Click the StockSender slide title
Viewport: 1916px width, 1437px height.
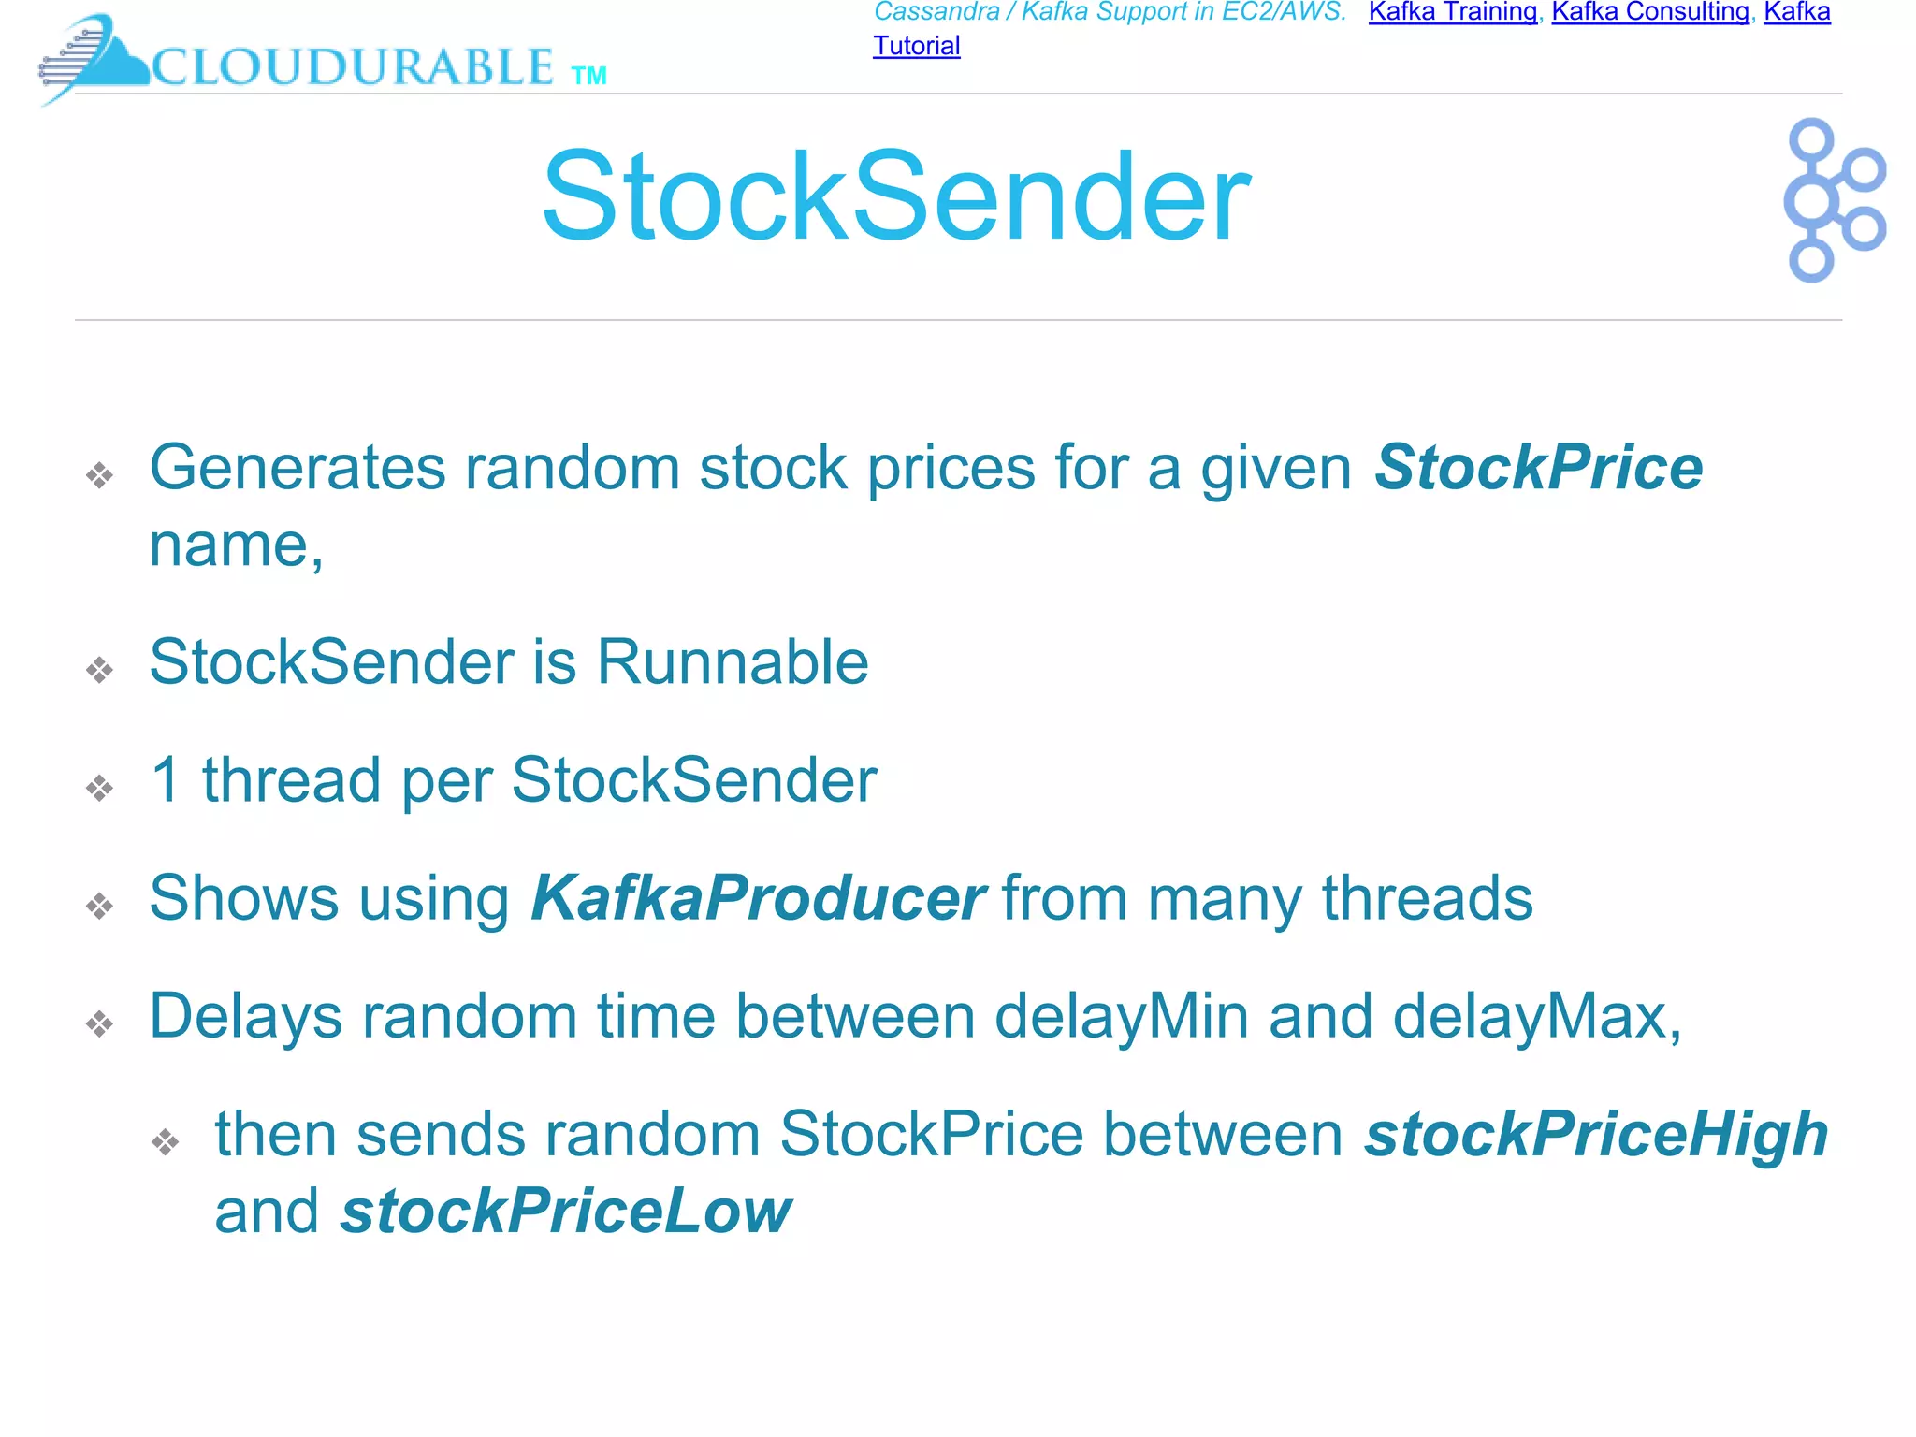[895, 197]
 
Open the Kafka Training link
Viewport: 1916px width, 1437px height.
[1452, 12]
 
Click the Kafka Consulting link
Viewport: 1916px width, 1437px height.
[1650, 12]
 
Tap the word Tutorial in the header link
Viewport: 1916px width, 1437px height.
[916, 46]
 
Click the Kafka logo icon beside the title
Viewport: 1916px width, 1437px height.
[1833, 199]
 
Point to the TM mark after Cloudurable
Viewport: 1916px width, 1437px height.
[588, 76]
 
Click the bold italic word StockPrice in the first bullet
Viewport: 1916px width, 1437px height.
[1538, 467]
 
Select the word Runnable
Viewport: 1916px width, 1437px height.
[733, 662]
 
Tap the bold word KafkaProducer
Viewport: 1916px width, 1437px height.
[757, 898]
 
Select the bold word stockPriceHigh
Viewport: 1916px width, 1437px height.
[1595, 1134]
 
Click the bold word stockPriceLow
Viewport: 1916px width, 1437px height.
[566, 1212]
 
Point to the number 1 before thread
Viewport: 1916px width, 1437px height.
[166, 780]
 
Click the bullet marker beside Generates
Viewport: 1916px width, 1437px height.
[99, 475]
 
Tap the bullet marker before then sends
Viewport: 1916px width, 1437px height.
[166, 1141]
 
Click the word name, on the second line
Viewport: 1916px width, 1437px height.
[236, 544]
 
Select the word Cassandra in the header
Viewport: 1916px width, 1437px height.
[936, 12]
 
